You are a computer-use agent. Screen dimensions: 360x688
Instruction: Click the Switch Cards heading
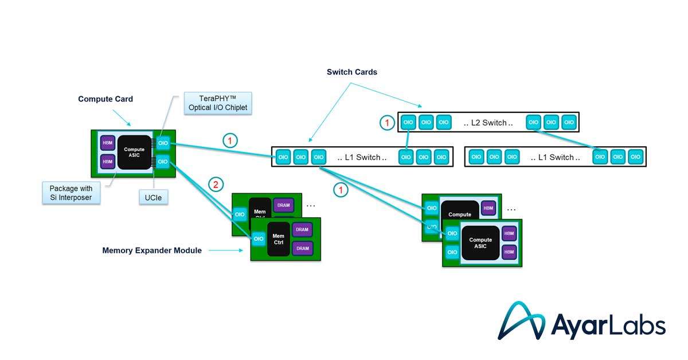tap(351, 72)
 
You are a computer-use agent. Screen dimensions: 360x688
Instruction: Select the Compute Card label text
tap(105, 99)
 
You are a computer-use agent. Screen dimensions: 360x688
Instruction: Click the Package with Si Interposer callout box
tap(71, 193)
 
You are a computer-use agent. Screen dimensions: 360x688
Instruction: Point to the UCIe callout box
tap(150, 198)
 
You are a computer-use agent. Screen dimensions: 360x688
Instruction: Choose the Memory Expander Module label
tap(152, 251)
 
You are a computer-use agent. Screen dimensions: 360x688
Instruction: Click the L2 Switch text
tap(488, 123)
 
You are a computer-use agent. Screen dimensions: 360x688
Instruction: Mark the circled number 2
tap(216, 185)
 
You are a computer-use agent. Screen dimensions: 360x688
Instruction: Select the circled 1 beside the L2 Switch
tap(388, 122)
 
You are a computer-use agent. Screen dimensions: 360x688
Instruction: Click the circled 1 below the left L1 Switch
tap(341, 190)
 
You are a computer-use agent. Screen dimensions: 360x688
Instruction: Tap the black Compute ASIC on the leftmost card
tap(134, 153)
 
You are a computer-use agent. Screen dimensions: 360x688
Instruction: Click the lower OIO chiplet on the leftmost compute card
tap(163, 162)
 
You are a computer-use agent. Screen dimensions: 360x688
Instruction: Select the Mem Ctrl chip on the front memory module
tap(278, 239)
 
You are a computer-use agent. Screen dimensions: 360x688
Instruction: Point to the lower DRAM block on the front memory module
tap(302, 248)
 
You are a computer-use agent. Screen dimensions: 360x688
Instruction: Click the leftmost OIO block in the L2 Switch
tap(408, 123)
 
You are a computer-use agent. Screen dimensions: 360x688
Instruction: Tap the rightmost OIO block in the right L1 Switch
tap(635, 156)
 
